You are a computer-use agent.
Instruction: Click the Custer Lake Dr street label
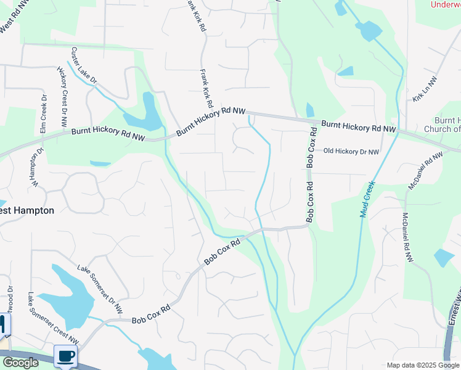coord(85,65)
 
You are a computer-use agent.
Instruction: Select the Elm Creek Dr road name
coord(43,115)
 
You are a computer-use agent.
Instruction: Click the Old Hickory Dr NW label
coord(351,150)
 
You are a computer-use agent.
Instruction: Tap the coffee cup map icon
coord(65,356)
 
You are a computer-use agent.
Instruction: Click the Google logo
coord(20,363)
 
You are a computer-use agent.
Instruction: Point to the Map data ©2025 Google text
coord(423,365)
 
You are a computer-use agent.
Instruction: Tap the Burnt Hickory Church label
coord(442,125)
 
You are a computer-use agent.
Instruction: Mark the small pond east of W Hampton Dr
coord(100,164)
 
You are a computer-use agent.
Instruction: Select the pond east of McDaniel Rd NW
coord(444,257)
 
